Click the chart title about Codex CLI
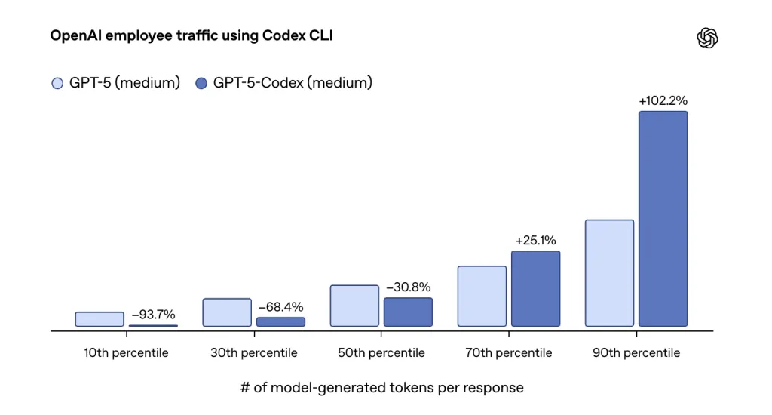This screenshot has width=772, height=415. pyautogui.click(x=191, y=35)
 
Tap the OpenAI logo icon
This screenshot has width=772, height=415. pyautogui.click(x=707, y=38)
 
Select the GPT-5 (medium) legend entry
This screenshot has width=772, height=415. pyautogui.click(x=115, y=83)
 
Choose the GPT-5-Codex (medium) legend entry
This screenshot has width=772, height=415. pyautogui.click(x=283, y=83)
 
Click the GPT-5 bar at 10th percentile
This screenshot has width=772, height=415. pyautogui.click(x=100, y=319)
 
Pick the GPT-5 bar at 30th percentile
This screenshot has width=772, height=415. pyautogui.click(x=227, y=312)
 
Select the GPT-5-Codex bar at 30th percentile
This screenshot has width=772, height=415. pyautogui.click(x=280, y=321)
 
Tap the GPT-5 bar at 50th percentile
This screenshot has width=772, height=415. pyautogui.click(x=354, y=306)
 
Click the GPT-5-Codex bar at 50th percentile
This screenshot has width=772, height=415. pyautogui.click(x=408, y=312)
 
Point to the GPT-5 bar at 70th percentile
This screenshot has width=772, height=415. pyautogui.click(x=482, y=296)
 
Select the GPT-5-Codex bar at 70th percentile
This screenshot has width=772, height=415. pyautogui.click(x=535, y=288)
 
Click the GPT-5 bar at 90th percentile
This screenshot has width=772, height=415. pyautogui.click(x=609, y=273)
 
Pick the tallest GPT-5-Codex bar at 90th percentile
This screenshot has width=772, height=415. pyautogui.click(x=663, y=219)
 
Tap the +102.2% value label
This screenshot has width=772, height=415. pyautogui.click(x=663, y=100)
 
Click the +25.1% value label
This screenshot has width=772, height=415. pyautogui.click(x=535, y=241)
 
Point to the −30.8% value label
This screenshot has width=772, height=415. pyautogui.click(x=408, y=287)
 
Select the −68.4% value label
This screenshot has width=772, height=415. pyautogui.click(x=280, y=307)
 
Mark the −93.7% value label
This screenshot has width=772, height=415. pyautogui.click(x=153, y=315)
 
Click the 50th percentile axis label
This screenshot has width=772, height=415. pyautogui.click(x=381, y=353)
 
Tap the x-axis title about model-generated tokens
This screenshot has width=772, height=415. pyautogui.click(x=381, y=388)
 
